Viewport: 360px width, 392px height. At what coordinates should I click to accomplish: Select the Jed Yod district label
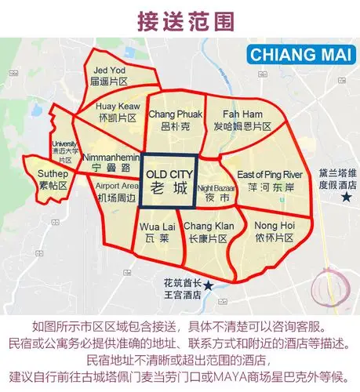click(x=109, y=75)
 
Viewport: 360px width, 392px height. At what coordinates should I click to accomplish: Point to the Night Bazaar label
click(x=214, y=193)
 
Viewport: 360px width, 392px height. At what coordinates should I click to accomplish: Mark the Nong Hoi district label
click(x=275, y=230)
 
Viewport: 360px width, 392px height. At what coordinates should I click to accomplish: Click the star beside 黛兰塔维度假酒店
click(x=346, y=198)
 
